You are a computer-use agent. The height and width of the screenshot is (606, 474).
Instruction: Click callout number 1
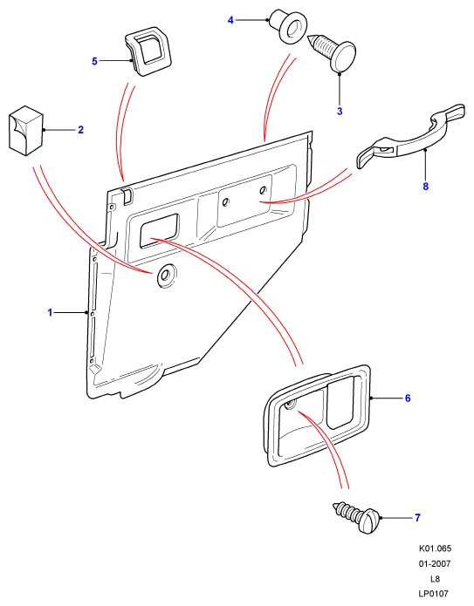point(50,312)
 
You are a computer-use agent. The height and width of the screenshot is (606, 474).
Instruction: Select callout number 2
point(80,130)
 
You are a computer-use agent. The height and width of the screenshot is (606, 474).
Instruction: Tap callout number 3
point(340,112)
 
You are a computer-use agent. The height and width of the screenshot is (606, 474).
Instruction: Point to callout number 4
point(230,20)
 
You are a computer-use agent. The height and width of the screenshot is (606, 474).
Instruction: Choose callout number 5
point(95,61)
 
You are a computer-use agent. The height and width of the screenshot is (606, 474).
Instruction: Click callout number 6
point(408,398)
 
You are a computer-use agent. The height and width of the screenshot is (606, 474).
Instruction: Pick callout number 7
point(417,517)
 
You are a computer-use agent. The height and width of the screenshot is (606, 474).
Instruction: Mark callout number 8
point(426,187)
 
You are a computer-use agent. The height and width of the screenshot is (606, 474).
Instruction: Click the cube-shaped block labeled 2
point(25,131)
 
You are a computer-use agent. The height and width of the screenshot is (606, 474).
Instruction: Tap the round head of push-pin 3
point(343,57)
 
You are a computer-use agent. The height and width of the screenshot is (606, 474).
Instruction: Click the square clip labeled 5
point(148,51)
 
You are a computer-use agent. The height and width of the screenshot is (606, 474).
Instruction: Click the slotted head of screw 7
point(369,521)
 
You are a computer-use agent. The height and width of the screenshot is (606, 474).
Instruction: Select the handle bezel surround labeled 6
point(317,415)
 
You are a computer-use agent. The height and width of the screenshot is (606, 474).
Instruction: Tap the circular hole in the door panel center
point(166,276)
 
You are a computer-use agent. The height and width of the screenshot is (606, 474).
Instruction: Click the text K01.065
point(435,548)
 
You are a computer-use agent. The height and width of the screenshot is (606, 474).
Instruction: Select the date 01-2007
point(435,564)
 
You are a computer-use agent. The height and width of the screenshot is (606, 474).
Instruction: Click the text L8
point(436,579)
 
